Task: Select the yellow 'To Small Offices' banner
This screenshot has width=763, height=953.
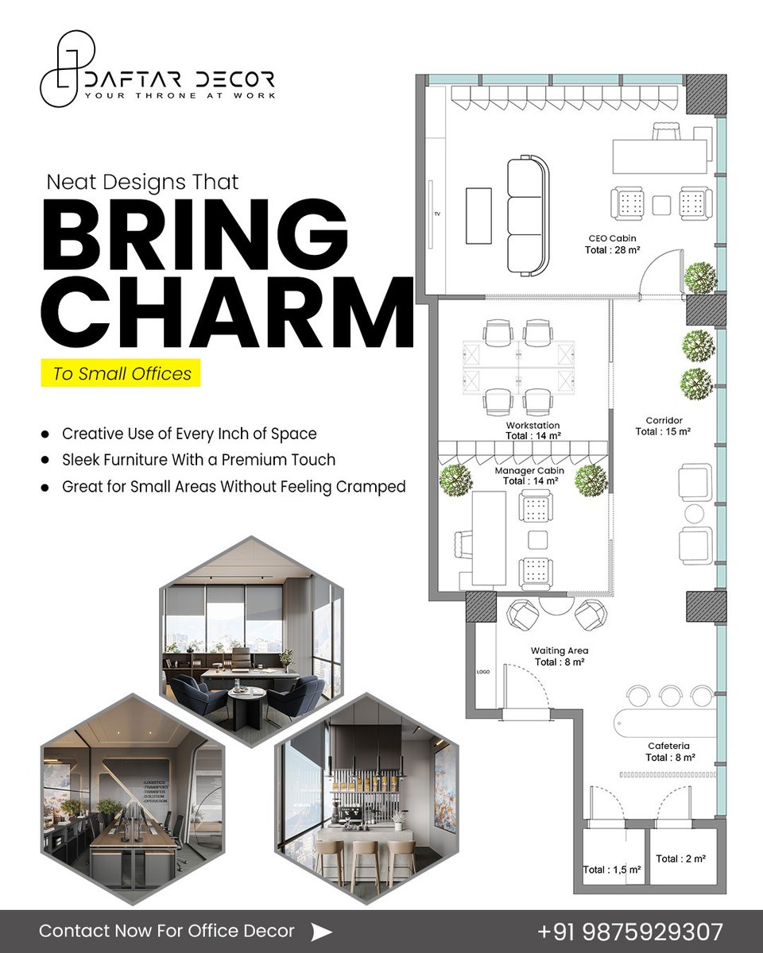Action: pyautogui.click(x=121, y=372)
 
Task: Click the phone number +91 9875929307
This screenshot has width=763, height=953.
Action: pyautogui.click(x=630, y=931)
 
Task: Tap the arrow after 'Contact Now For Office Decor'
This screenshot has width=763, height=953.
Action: pyautogui.click(x=321, y=932)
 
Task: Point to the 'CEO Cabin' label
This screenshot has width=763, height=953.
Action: pyautogui.click(x=612, y=237)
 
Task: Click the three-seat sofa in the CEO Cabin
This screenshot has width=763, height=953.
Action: pyautogui.click(x=528, y=215)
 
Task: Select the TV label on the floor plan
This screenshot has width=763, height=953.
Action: pyautogui.click(x=437, y=214)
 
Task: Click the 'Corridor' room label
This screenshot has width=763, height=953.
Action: pyautogui.click(x=664, y=420)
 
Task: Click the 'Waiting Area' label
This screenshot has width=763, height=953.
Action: pyautogui.click(x=560, y=651)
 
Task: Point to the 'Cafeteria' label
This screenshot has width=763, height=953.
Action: pyautogui.click(x=668, y=746)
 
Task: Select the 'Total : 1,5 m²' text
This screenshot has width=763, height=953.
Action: pyautogui.click(x=612, y=870)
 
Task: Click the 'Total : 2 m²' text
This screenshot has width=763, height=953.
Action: pyautogui.click(x=681, y=858)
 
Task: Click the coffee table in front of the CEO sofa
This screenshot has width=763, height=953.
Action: pyautogui.click(x=478, y=215)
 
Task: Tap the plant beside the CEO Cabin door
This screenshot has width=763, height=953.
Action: pyautogui.click(x=700, y=278)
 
